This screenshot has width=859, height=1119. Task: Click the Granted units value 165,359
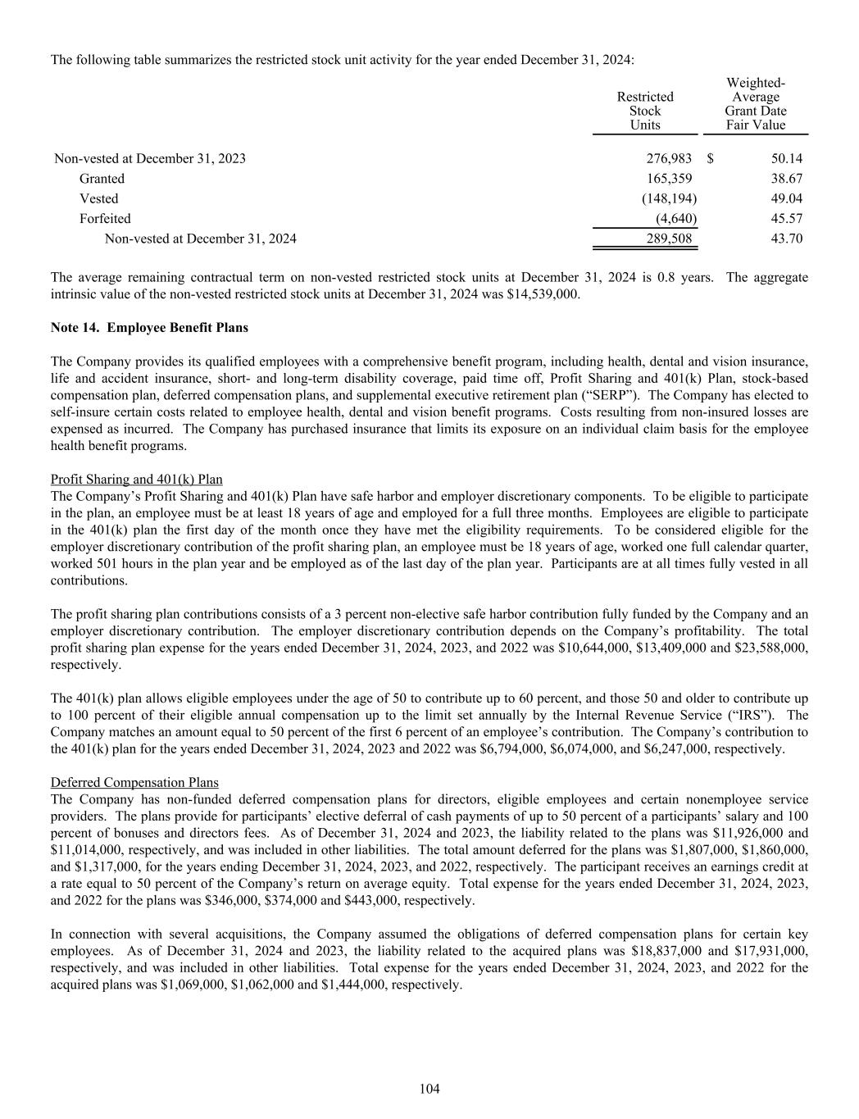670,179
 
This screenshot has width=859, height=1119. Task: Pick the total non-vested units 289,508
670,239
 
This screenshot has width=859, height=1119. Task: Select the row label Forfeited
105,219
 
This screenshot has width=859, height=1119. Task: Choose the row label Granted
102,179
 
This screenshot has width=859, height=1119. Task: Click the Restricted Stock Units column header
645,111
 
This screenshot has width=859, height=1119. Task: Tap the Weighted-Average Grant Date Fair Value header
755,104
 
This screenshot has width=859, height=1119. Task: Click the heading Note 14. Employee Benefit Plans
149,328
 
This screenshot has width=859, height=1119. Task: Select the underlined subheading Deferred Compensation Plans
134,783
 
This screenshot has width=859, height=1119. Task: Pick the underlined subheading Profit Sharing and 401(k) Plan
136,480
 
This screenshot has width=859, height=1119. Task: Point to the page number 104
429,1089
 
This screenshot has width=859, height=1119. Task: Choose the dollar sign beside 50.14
711,158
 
